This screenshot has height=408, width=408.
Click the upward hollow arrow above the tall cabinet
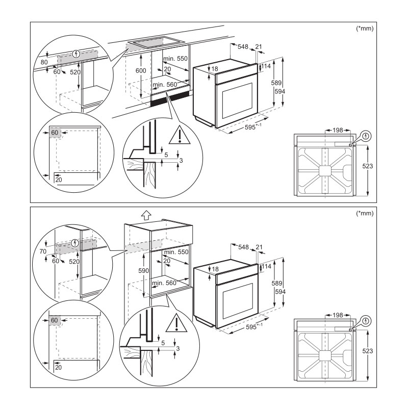click(x=146, y=215)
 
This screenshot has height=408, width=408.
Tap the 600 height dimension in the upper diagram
click(x=141, y=70)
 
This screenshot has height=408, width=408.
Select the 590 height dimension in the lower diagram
click(x=143, y=271)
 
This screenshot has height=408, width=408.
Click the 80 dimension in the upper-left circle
click(x=44, y=62)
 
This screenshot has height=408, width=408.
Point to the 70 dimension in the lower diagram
click(x=43, y=251)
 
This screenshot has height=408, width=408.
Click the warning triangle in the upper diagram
click(x=180, y=135)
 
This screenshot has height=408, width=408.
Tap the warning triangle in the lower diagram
click(x=176, y=323)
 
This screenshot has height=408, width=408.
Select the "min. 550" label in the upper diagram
click(x=175, y=59)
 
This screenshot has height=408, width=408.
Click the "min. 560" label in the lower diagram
click(x=164, y=283)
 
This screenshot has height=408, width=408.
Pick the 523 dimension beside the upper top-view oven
click(x=367, y=166)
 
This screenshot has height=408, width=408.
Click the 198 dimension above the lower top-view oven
click(x=338, y=315)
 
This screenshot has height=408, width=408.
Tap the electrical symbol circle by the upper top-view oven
click(x=366, y=136)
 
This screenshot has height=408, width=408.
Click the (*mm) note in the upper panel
click(x=365, y=29)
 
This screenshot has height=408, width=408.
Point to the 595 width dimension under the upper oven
click(x=253, y=126)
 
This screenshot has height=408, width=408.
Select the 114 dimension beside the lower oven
click(x=266, y=266)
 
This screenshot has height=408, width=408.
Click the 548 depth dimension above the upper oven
click(x=243, y=46)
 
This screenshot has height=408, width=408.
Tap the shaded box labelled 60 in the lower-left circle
click(x=55, y=320)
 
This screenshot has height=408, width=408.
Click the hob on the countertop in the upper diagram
click(x=156, y=42)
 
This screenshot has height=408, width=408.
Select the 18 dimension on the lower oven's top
click(x=215, y=269)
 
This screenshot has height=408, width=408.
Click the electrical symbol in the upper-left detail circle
click(x=76, y=54)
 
